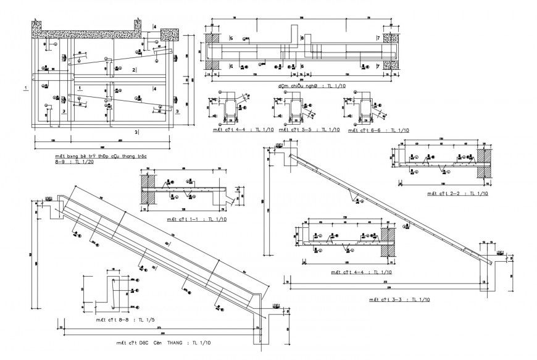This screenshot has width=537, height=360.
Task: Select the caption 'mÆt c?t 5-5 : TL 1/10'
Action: click(299, 130)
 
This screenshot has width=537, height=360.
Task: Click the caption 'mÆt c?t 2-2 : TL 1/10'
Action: click(452, 193)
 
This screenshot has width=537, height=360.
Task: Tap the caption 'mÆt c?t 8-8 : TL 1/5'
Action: click(122, 320)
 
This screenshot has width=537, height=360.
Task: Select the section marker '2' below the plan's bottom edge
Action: click(136, 132)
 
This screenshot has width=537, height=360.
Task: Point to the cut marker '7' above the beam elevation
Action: click(377, 38)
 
